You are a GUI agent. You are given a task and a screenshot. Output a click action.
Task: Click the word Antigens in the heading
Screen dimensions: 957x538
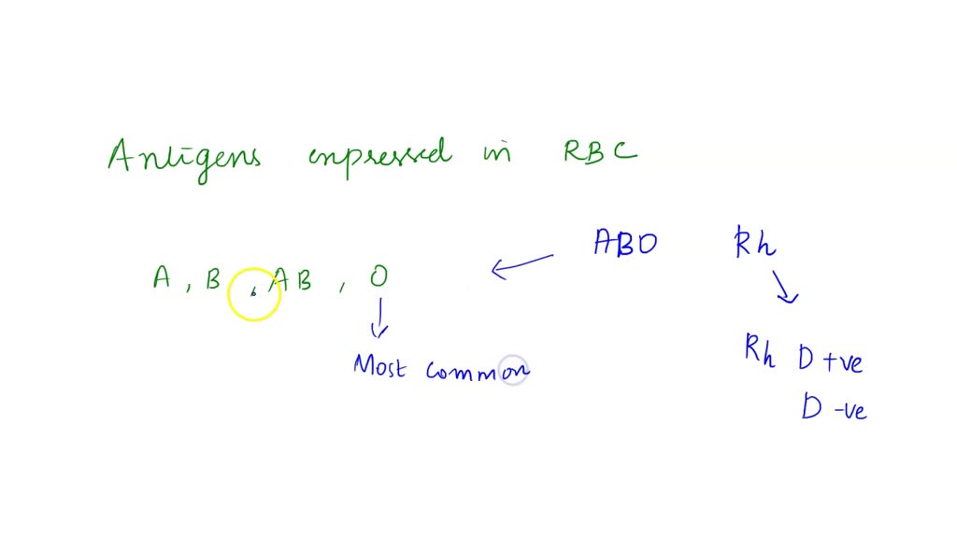point(184,158)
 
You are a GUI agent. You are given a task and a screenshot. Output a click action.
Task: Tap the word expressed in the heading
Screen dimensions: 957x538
point(378,155)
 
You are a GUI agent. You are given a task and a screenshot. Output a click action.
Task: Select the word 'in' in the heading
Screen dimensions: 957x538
point(497,152)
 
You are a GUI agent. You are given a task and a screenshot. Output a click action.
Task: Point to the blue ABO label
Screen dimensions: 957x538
point(625,244)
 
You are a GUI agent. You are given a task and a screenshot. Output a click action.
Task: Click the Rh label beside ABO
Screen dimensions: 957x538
point(755,244)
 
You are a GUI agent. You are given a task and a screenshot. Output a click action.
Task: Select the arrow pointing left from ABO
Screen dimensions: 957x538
point(521,265)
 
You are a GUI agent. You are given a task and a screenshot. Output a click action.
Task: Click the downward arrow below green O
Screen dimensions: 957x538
point(379,319)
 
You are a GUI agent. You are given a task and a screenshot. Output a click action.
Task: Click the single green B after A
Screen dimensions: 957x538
point(213,278)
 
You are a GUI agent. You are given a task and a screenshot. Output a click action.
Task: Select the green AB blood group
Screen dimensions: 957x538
point(292,279)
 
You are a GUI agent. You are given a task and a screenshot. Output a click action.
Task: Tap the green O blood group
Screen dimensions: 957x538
point(377,276)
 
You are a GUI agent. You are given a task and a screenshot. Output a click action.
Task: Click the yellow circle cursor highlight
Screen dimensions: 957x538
point(253,294)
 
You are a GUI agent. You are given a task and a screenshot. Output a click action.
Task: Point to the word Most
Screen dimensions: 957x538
point(379,366)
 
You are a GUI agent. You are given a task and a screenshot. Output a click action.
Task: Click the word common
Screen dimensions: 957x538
point(477,371)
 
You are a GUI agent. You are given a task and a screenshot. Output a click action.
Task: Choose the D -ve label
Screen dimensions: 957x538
point(833,408)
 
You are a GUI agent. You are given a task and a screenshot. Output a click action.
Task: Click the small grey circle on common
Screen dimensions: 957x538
point(513,371)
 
